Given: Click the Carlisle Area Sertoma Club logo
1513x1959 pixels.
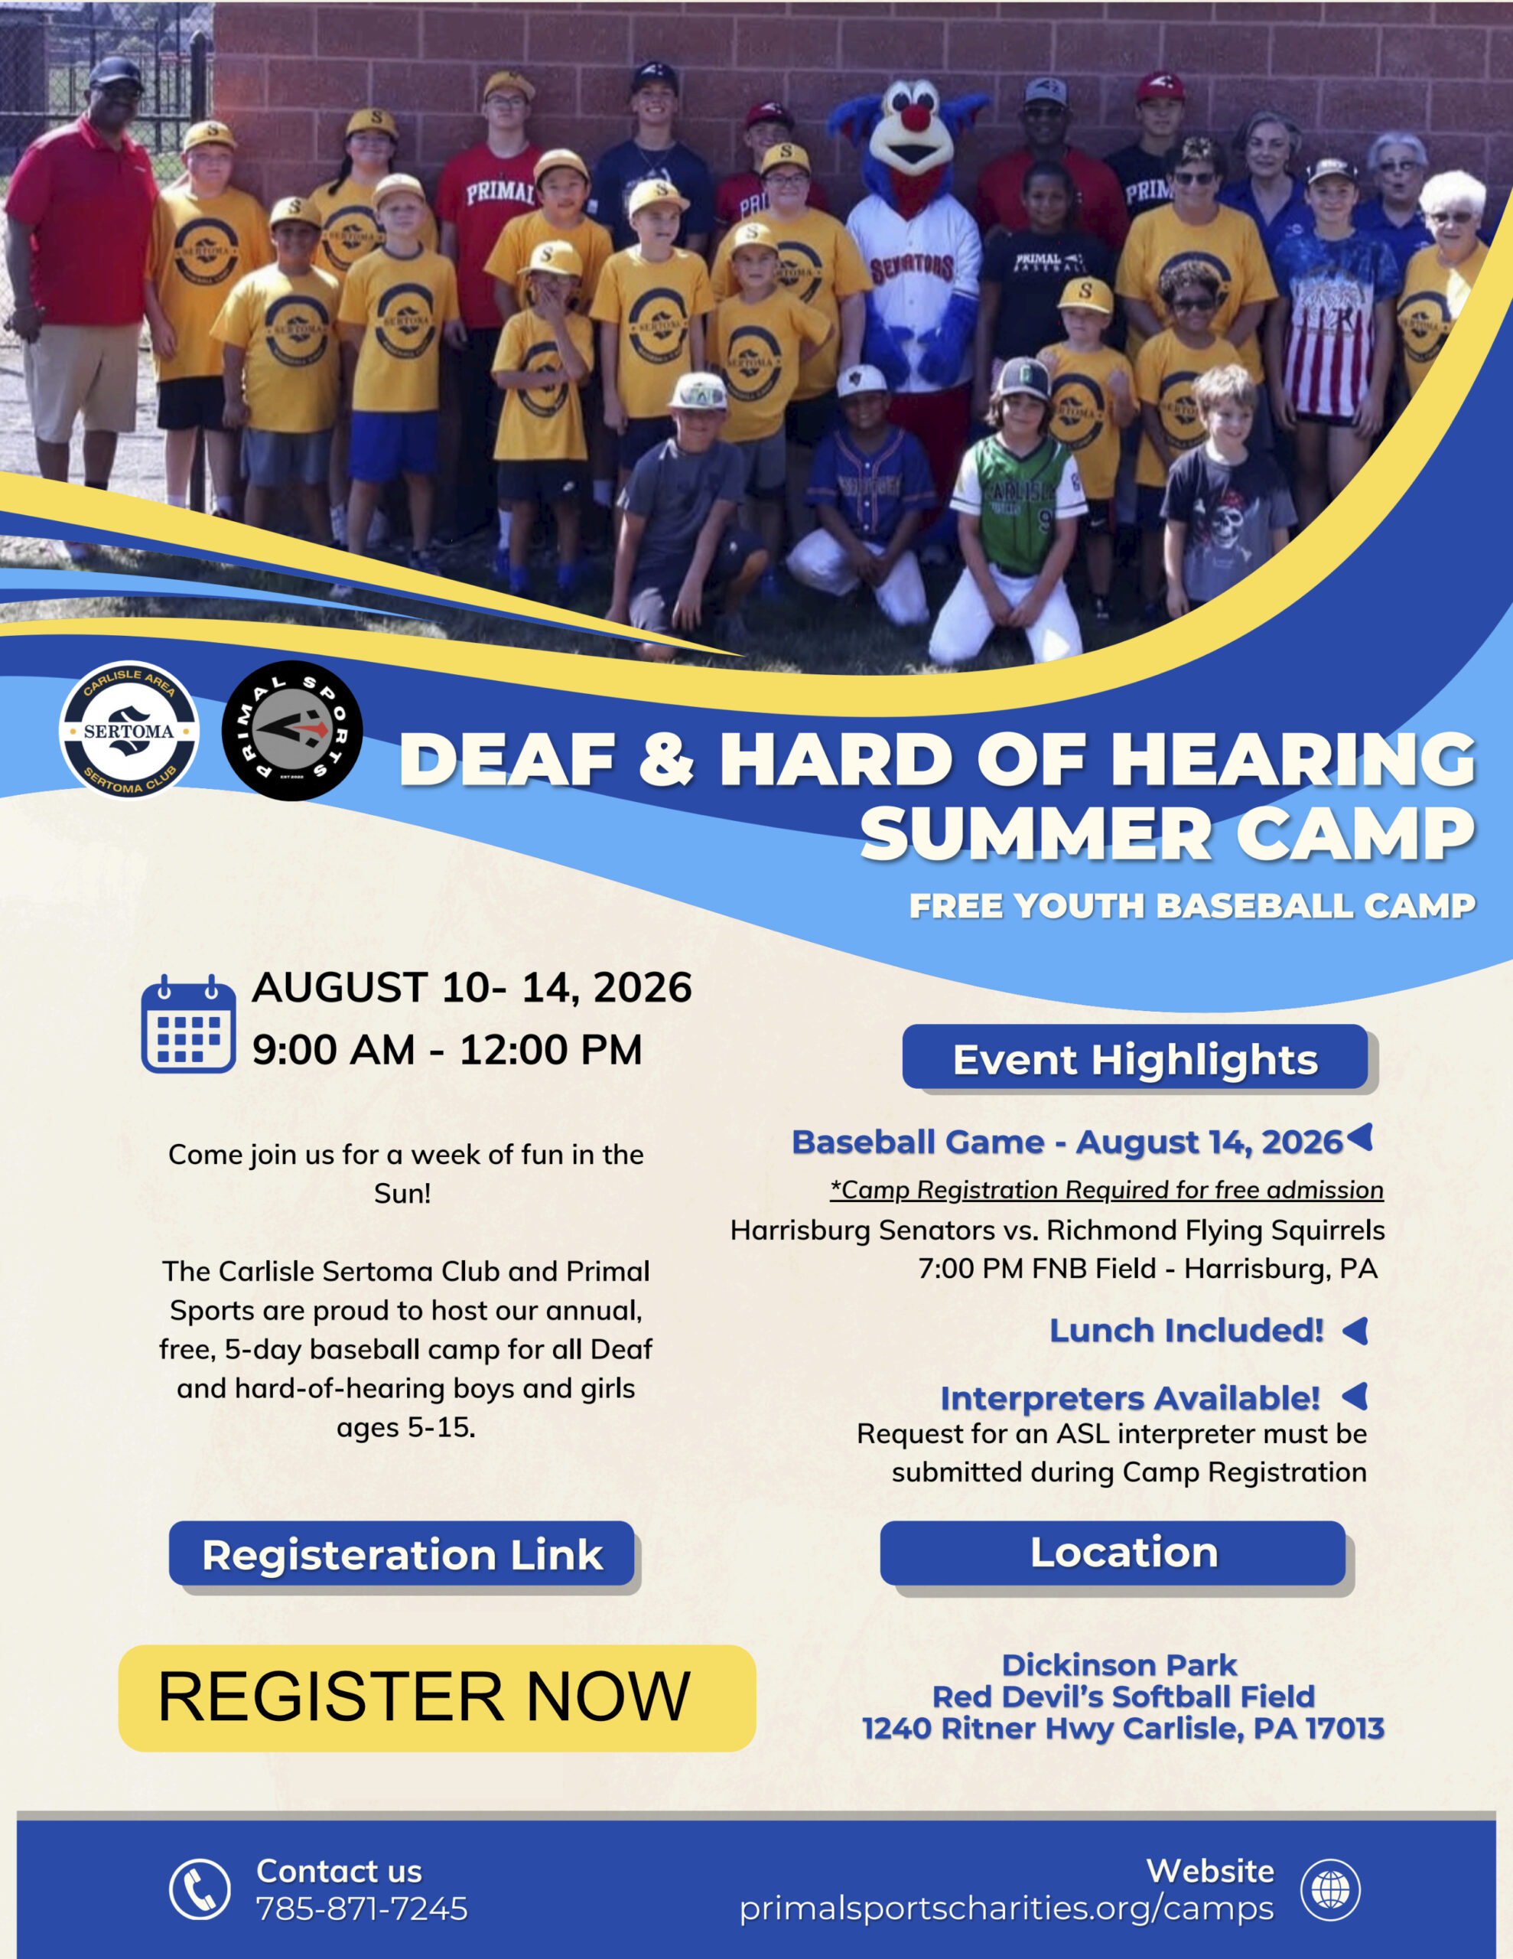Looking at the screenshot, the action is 129,730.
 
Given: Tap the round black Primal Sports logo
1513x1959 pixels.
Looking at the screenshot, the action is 292,730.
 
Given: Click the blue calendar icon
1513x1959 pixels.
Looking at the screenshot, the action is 188,1023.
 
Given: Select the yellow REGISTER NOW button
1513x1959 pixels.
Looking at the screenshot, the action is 437,1698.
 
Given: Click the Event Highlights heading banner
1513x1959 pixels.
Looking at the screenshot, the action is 1135,1058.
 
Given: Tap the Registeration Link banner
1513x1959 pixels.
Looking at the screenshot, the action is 402,1553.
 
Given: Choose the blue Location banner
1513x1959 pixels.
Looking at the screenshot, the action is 1113,1553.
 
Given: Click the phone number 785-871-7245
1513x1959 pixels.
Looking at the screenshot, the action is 362,1908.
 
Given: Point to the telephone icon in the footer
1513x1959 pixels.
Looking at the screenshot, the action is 200,1889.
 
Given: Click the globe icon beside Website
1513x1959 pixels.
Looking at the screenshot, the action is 1331,1889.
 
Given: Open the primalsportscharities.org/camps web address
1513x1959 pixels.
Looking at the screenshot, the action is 1007,1908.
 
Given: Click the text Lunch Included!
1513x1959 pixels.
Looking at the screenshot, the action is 1186,1330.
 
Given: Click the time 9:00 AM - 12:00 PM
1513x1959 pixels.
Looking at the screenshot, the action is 447,1049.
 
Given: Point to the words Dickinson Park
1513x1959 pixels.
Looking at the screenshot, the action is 1119,1666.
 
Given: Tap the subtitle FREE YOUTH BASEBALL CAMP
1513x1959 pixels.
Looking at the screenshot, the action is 1192,906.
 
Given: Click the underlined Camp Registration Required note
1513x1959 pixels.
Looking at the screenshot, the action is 1107,1189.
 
